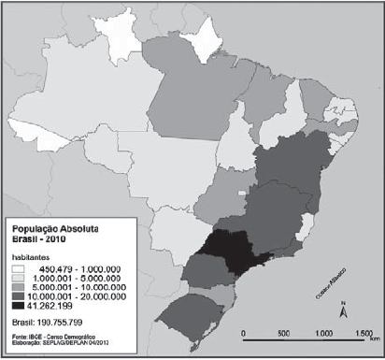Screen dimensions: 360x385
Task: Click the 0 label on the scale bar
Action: [242, 334]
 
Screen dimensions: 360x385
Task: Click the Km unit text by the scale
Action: [372, 343]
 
